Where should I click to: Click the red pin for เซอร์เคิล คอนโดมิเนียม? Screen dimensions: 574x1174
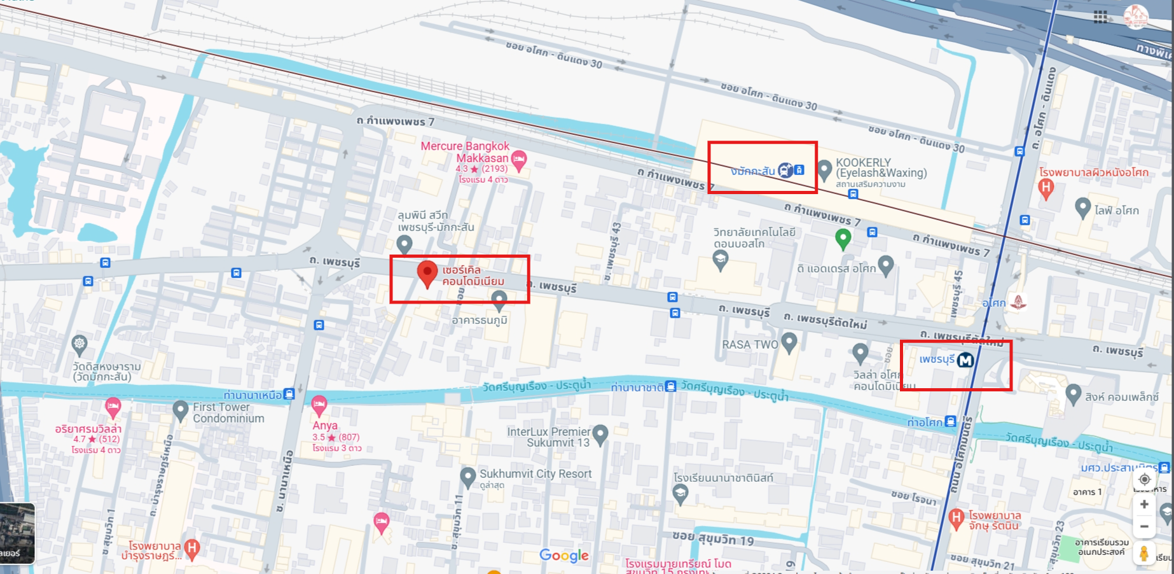pyautogui.click(x=427, y=273)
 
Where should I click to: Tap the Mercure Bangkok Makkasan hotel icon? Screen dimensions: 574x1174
pyautogui.click(x=519, y=160)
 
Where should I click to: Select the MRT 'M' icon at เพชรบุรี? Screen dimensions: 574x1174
pyautogui.click(x=965, y=360)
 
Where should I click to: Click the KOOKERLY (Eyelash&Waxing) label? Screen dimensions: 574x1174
pyautogui.click(x=881, y=167)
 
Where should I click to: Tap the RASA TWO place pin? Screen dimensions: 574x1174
pyautogui.click(x=789, y=342)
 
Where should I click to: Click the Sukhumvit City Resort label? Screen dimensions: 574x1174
pyautogui.click(x=535, y=473)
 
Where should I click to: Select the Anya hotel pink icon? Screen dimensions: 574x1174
pyautogui.click(x=319, y=405)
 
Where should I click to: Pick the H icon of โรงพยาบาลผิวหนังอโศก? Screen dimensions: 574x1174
pyautogui.click(x=1046, y=188)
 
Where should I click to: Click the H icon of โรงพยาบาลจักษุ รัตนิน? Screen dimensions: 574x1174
pyautogui.click(x=956, y=518)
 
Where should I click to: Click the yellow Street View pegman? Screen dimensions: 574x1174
pyautogui.click(x=1143, y=554)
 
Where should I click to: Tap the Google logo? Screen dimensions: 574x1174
pyautogui.click(x=563, y=556)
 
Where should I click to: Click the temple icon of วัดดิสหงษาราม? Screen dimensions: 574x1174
pyautogui.click(x=79, y=344)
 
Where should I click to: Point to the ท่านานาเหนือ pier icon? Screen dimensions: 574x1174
pyautogui.click(x=289, y=394)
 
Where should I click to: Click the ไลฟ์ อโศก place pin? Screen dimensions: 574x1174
pyautogui.click(x=1082, y=207)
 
